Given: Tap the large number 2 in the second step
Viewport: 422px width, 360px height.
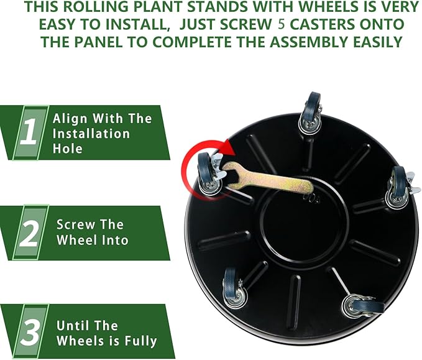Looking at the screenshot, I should tap(27, 233).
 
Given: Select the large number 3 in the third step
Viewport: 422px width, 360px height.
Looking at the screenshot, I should tap(27, 332).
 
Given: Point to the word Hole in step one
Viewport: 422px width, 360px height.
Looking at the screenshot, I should tap(68, 149).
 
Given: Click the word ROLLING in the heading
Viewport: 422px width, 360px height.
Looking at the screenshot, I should tap(101, 7).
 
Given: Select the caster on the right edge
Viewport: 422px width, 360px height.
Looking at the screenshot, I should tap(398, 188).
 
